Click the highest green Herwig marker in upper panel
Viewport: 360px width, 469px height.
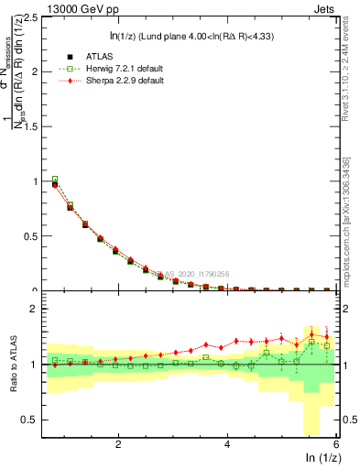55,180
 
